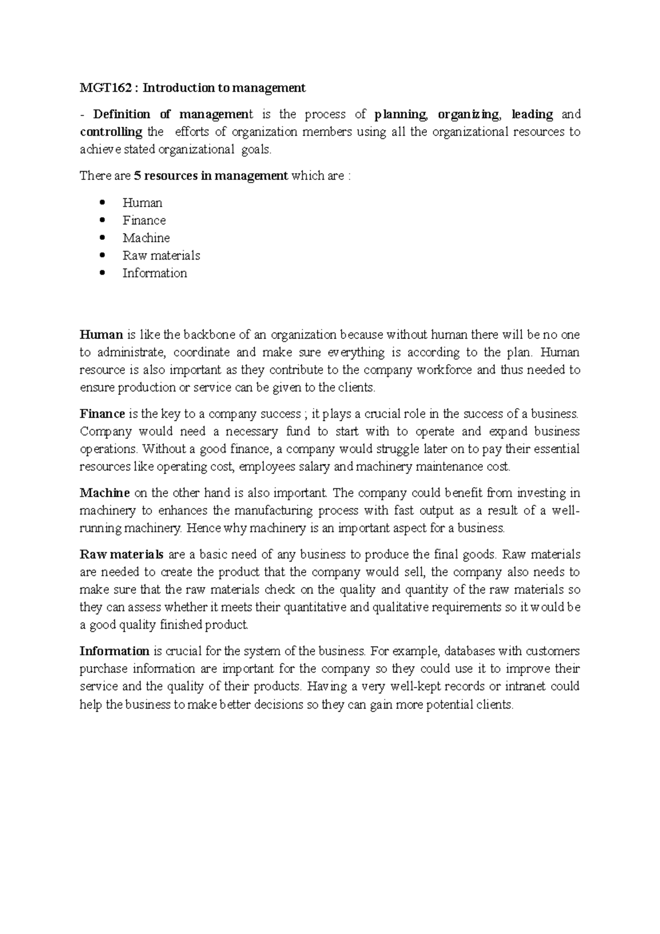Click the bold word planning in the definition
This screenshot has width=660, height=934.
click(400, 115)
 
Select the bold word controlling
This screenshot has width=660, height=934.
click(111, 133)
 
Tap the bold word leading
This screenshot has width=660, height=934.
click(532, 115)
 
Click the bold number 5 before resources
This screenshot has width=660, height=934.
click(137, 177)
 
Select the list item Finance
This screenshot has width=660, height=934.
click(144, 221)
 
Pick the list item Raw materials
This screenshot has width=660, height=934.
click(161, 256)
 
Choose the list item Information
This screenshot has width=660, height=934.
click(155, 273)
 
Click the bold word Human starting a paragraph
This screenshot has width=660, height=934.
click(101, 335)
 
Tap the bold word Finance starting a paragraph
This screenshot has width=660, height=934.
click(102, 414)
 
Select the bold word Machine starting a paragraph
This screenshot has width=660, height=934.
click(105, 493)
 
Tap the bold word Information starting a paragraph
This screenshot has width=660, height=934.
click(114, 652)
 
